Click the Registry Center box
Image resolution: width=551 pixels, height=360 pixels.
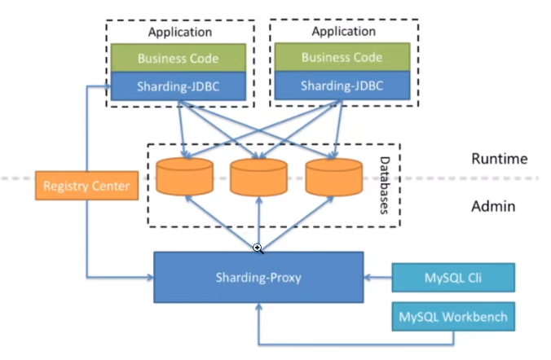coord(86,187)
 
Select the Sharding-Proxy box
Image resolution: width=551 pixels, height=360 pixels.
coord(258,278)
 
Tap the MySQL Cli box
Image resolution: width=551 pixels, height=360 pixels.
coord(453,278)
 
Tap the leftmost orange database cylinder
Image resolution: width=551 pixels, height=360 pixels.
coord(184,177)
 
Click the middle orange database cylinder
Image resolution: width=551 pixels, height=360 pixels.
coord(258,177)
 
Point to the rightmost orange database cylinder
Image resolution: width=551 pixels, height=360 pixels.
coord(334,177)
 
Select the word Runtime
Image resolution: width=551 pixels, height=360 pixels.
coord(500,159)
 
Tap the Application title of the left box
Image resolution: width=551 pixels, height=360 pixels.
coord(179,32)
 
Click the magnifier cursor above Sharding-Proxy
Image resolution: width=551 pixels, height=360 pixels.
coord(257,248)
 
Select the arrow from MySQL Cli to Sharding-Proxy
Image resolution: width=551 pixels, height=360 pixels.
coord(377,278)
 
